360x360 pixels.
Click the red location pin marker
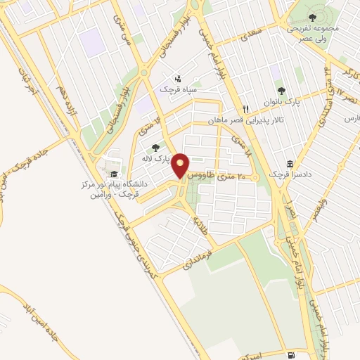pos(181,165)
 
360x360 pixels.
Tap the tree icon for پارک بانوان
pos(282,91)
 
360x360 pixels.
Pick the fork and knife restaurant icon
pos(245,109)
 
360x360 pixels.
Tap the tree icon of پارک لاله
pos(155,147)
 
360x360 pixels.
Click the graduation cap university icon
pos(112,173)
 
